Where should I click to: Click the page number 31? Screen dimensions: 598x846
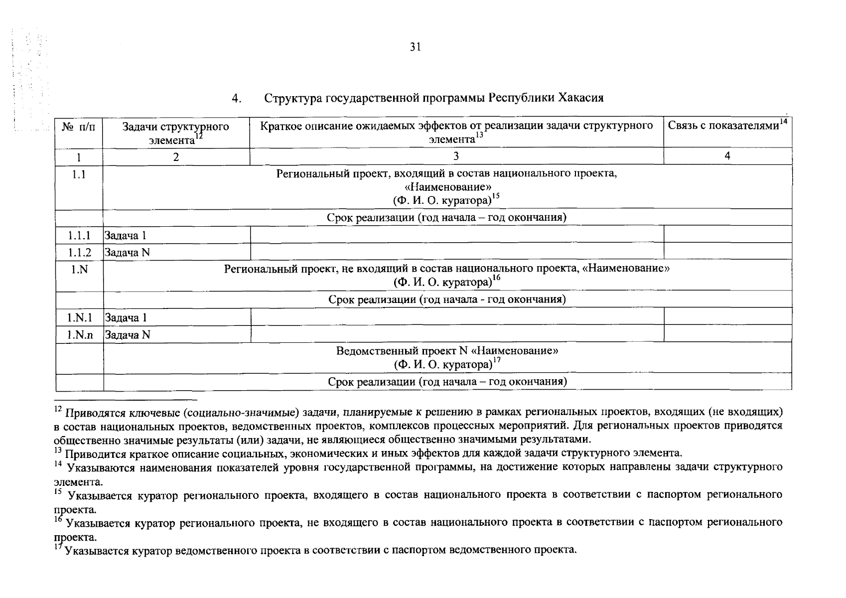[416, 47]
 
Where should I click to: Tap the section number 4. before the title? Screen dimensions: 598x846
[236, 98]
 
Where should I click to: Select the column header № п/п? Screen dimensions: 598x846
[79, 127]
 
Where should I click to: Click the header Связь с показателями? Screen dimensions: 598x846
[723, 126]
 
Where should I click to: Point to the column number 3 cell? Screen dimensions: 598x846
[456, 156]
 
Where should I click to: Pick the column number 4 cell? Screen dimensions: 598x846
[727, 156]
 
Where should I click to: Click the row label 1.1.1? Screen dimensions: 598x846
[79, 235]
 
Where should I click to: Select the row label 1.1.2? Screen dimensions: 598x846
[79, 253]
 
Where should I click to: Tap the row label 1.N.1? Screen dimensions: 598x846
[79, 317]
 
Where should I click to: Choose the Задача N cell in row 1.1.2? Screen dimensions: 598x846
[127, 253]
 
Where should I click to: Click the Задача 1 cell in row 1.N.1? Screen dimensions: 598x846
[126, 317]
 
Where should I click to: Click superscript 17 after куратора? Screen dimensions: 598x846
[496, 361]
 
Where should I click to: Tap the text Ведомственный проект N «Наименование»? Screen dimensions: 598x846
[447, 351]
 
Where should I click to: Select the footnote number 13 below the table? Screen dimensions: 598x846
[57, 450]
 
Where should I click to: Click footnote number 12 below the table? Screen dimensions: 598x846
[57, 409]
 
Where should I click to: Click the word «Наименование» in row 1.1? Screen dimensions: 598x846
[447, 187]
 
